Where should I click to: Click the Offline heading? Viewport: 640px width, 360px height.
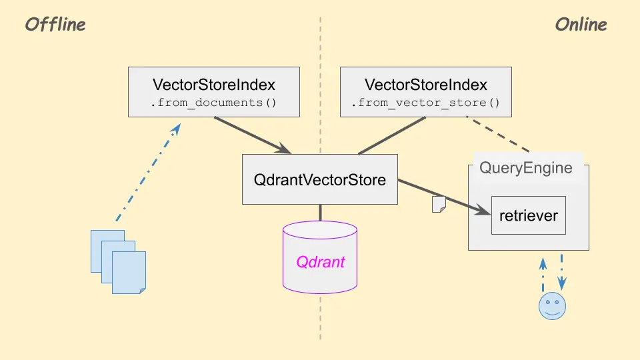pyautogui.click(x=55, y=25)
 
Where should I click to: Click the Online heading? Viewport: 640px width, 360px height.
pyautogui.click(x=581, y=25)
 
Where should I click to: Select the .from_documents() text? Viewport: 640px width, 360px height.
pyautogui.click(x=214, y=103)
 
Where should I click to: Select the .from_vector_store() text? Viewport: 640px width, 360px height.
pyautogui.click(x=426, y=103)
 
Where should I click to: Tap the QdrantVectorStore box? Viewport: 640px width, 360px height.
pyautogui.click(x=319, y=179)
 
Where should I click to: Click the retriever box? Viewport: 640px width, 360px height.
pyautogui.click(x=529, y=215)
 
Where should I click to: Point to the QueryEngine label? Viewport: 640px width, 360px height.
pyautogui.click(x=526, y=167)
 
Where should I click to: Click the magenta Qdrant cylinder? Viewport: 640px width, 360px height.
pyautogui.click(x=320, y=261)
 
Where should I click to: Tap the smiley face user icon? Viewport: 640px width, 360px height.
pyautogui.click(x=552, y=305)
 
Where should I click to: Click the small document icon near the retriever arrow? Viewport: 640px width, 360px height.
pyautogui.click(x=439, y=205)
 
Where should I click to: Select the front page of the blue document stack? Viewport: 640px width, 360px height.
pyautogui.click(x=129, y=272)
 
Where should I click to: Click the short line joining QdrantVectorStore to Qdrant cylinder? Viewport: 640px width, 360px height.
pyautogui.click(x=320, y=213)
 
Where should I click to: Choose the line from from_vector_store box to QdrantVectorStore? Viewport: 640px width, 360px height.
pyautogui.click(x=392, y=135)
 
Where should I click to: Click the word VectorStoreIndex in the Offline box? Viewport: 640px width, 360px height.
pyautogui.click(x=214, y=85)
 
